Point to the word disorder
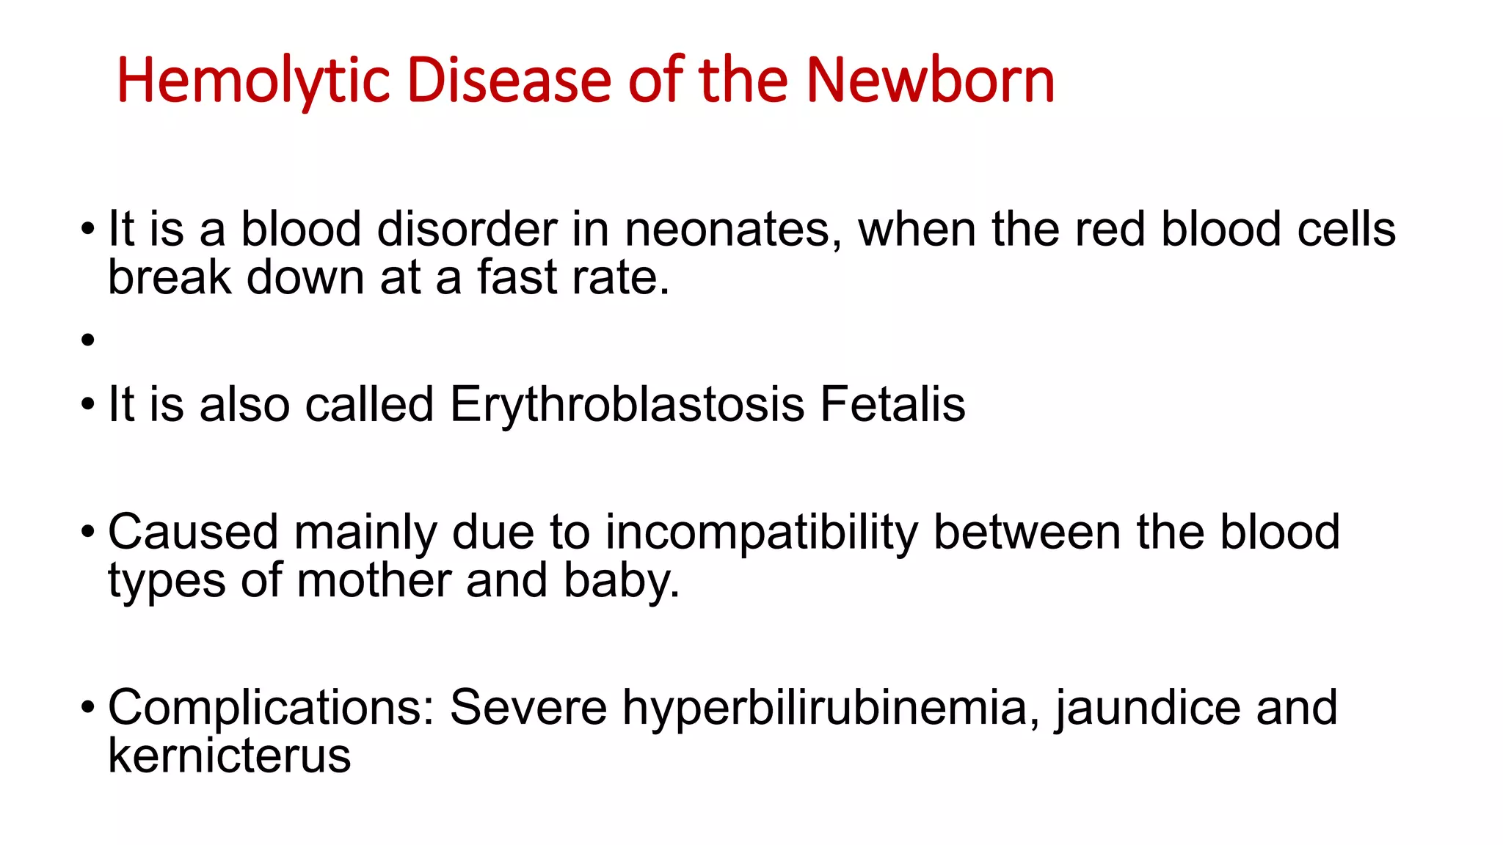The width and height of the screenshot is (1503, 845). (x=467, y=230)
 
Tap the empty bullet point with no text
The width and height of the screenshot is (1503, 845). (x=89, y=340)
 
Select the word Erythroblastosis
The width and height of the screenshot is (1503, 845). (x=627, y=405)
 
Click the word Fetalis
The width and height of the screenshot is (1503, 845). (x=892, y=405)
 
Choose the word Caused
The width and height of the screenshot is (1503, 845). (x=193, y=532)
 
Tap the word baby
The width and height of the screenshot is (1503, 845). (x=621, y=582)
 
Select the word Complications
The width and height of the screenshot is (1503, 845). (x=272, y=709)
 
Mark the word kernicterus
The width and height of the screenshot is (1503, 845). (x=229, y=756)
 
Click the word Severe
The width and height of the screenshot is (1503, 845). (x=528, y=708)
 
